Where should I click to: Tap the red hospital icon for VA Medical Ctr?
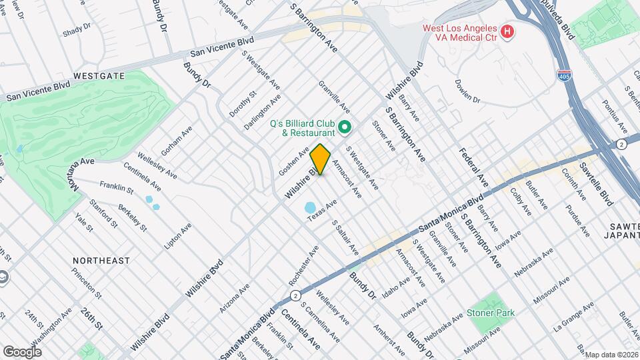coord(507,31)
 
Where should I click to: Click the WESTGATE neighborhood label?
coord(99,76)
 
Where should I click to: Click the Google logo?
coord(22,351)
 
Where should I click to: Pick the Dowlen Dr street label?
coord(467,91)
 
